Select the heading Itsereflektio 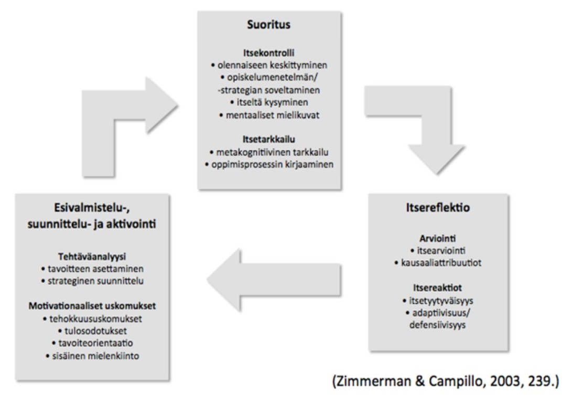440,208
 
